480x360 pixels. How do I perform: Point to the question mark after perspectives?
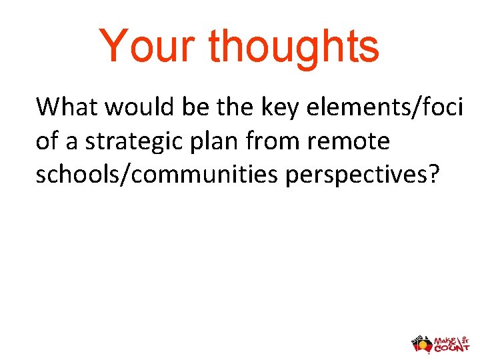pyautogui.click(x=435, y=175)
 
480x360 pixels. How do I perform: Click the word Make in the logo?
pyautogui.click(x=446, y=338)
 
